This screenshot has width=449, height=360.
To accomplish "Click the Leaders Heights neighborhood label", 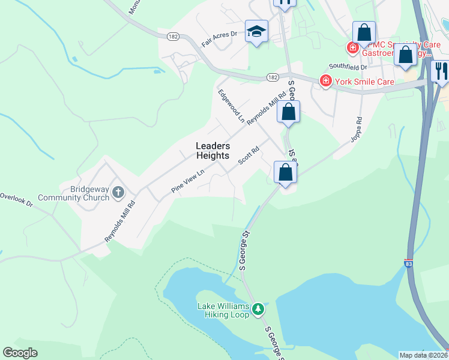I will (x=212, y=151).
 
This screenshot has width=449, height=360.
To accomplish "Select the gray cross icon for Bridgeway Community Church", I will (x=118, y=193).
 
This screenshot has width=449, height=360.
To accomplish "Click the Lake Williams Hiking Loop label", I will (x=223, y=310).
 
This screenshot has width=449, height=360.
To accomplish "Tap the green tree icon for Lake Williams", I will (x=258, y=309).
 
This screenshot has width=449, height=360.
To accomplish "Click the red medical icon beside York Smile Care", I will (x=325, y=80).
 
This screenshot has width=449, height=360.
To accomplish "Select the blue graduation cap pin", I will (x=256, y=33).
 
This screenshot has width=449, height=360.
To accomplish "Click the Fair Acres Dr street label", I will (x=219, y=40).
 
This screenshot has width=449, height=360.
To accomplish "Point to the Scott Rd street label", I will (x=248, y=155).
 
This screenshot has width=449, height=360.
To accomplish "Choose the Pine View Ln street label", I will (x=188, y=181).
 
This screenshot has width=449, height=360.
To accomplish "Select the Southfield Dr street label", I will (x=345, y=67).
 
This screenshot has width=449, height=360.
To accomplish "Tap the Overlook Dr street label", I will (x=16, y=199).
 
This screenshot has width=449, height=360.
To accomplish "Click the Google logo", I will (x=20, y=353).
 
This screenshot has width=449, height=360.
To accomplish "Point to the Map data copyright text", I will (x=423, y=355).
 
